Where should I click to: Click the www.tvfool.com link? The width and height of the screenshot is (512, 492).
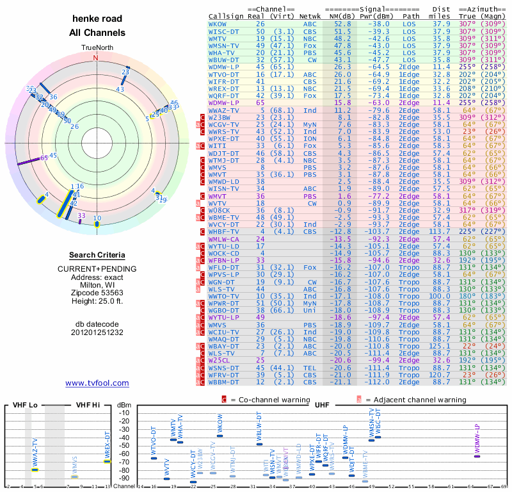click(97, 383)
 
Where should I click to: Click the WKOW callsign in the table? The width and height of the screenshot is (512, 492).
click(218, 23)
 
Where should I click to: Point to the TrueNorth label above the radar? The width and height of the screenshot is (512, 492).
click(97, 48)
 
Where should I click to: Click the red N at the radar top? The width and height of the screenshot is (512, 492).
click(97, 57)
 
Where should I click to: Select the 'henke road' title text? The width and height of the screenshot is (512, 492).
click(97, 19)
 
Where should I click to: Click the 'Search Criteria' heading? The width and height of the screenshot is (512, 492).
click(97, 255)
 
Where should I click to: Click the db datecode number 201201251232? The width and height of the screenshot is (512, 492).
click(97, 332)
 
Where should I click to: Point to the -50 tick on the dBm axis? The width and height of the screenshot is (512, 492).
click(124, 445)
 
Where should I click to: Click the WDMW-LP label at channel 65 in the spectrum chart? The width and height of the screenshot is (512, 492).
click(477, 436)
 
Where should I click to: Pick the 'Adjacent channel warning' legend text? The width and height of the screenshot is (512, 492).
click(415, 400)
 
